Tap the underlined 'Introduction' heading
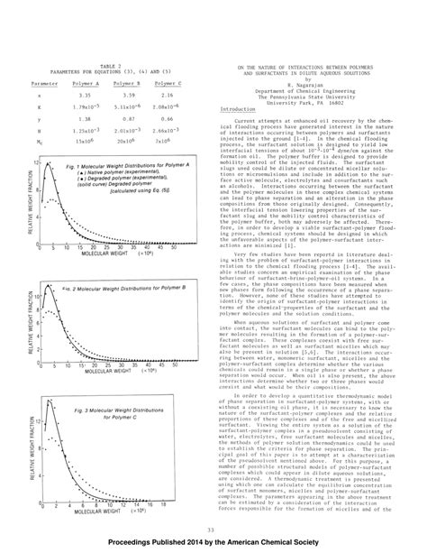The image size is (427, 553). [237, 109]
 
